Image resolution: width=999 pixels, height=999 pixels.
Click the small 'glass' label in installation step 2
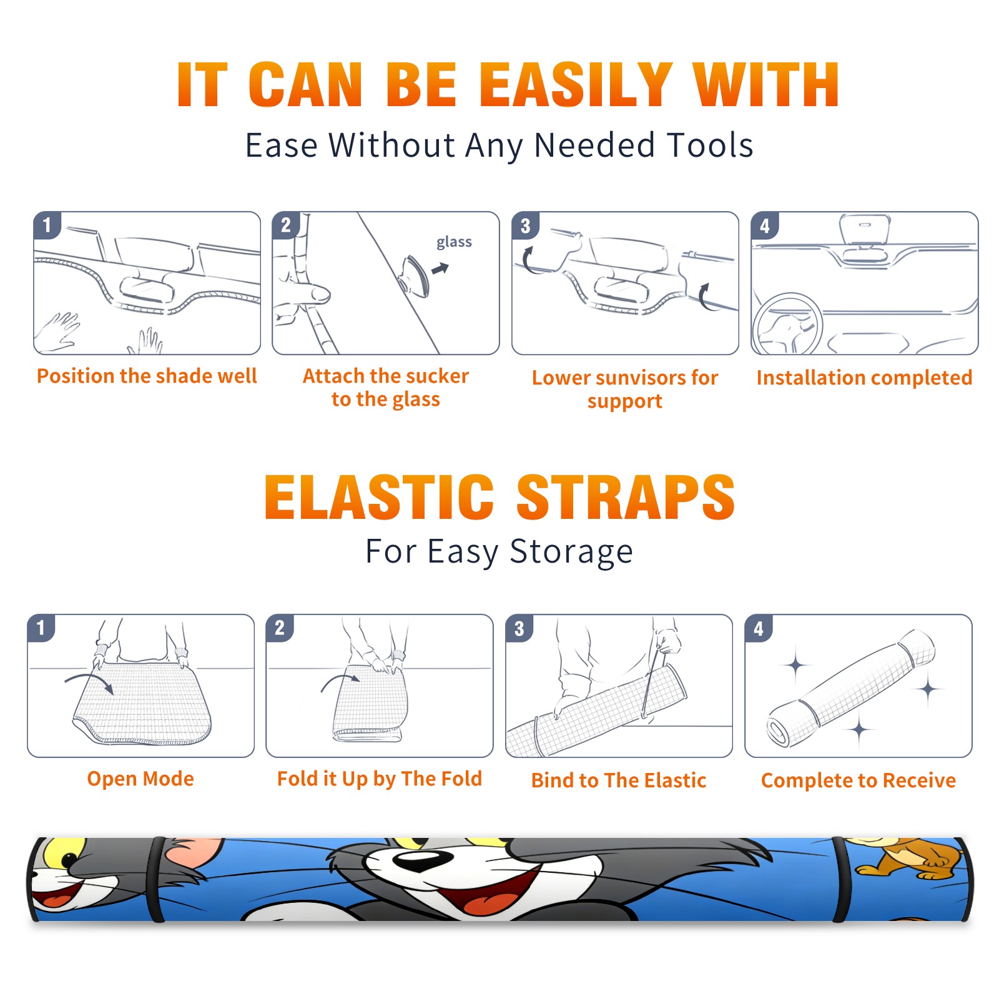[454, 242]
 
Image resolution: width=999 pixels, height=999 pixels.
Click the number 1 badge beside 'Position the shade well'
[47, 225]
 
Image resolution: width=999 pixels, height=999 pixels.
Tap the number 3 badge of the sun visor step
[525, 225]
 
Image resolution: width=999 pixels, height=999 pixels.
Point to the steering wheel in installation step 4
[788, 325]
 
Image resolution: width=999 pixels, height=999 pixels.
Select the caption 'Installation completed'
[864, 378]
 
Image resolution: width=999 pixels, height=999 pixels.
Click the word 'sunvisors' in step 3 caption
[640, 378]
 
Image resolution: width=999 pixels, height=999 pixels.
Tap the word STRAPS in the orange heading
[626, 497]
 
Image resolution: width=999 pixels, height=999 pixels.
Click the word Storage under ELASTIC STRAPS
[571, 552]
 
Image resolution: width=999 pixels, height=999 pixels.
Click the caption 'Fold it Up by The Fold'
[380, 779]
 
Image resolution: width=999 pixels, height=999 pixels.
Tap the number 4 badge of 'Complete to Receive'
[759, 628]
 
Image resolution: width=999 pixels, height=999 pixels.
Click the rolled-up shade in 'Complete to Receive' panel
[851, 689]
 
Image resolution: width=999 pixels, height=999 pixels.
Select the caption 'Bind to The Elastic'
[619, 780]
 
